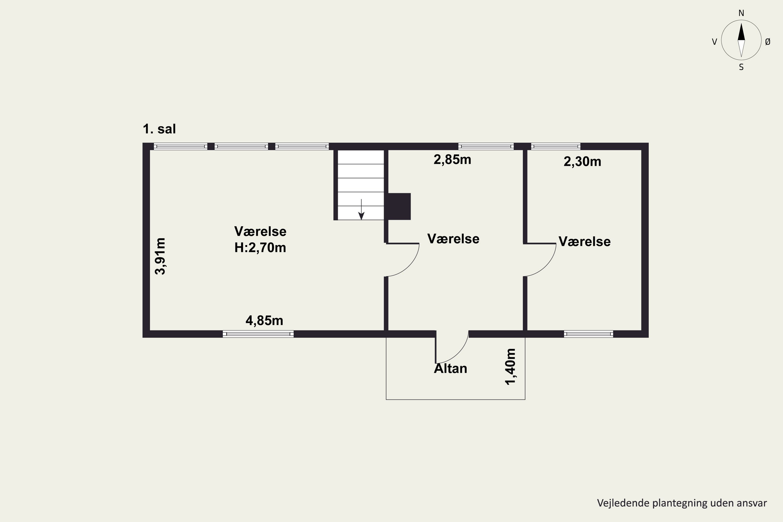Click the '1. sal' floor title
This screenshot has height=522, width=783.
pyautogui.click(x=159, y=129)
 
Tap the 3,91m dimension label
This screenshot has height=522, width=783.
pyautogui.click(x=161, y=256)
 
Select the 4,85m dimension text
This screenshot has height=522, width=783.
pyautogui.click(x=264, y=321)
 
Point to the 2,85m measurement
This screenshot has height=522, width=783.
pyautogui.click(x=452, y=160)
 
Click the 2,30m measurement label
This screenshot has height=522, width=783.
pyautogui.click(x=582, y=162)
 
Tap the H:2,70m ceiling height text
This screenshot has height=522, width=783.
pyautogui.click(x=260, y=248)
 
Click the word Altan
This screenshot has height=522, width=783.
pyautogui.click(x=450, y=369)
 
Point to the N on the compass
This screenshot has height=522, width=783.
pyautogui.click(x=742, y=13)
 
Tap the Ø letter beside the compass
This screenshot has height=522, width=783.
pyautogui.click(x=768, y=41)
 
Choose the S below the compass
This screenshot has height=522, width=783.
pyautogui.click(x=742, y=67)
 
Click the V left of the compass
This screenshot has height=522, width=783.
pyautogui.click(x=714, y=41)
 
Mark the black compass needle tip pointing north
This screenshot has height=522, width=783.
pyautogui.click(x=742, y=23)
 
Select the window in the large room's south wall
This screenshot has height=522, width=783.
pyautogui.click(x=258, y=334)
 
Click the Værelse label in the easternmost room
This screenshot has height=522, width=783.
pyautogui.click(x=585, y=242)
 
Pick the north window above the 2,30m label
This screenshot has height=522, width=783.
pyautogui.click(x=556, y=146)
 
